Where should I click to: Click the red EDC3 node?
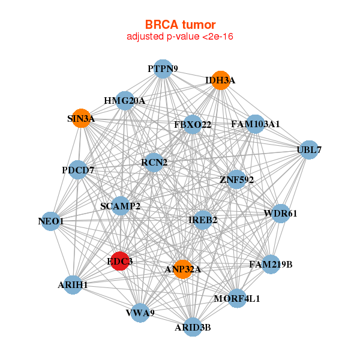click(119, 261)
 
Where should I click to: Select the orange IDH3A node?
click(221, 80)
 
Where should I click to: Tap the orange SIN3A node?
click(82, 119)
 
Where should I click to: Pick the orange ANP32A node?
click(183, 269)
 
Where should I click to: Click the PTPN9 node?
click(163, 69)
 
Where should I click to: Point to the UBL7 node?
click(308, 149)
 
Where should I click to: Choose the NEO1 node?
click(52, 221)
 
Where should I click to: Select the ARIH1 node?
click(73, 284)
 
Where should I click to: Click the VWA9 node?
click(140, 312)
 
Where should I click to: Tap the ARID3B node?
click(193, 327)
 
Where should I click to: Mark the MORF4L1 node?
click(238, 298)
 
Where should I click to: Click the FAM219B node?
click(271, 264)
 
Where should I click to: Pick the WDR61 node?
click(280, 214)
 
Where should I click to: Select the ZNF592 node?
click(236, 179)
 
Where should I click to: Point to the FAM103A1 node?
click(255, 124)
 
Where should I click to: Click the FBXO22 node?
click(193, 125)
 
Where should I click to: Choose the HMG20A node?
click(125, 101)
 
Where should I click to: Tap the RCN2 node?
click(154, 162)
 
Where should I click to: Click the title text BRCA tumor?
click(180, 25)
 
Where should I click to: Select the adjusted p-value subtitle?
click(180, 37)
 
